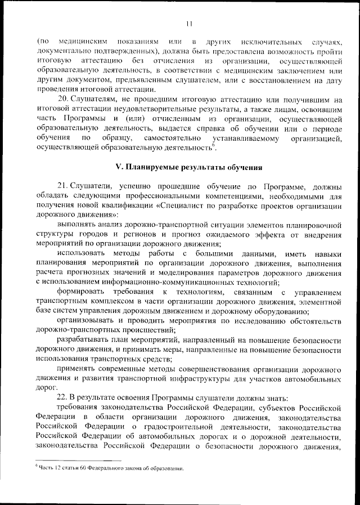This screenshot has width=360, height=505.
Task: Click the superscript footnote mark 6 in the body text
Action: (x=213, y=145)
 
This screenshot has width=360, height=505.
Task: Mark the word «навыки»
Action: (x=326, y=254)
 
